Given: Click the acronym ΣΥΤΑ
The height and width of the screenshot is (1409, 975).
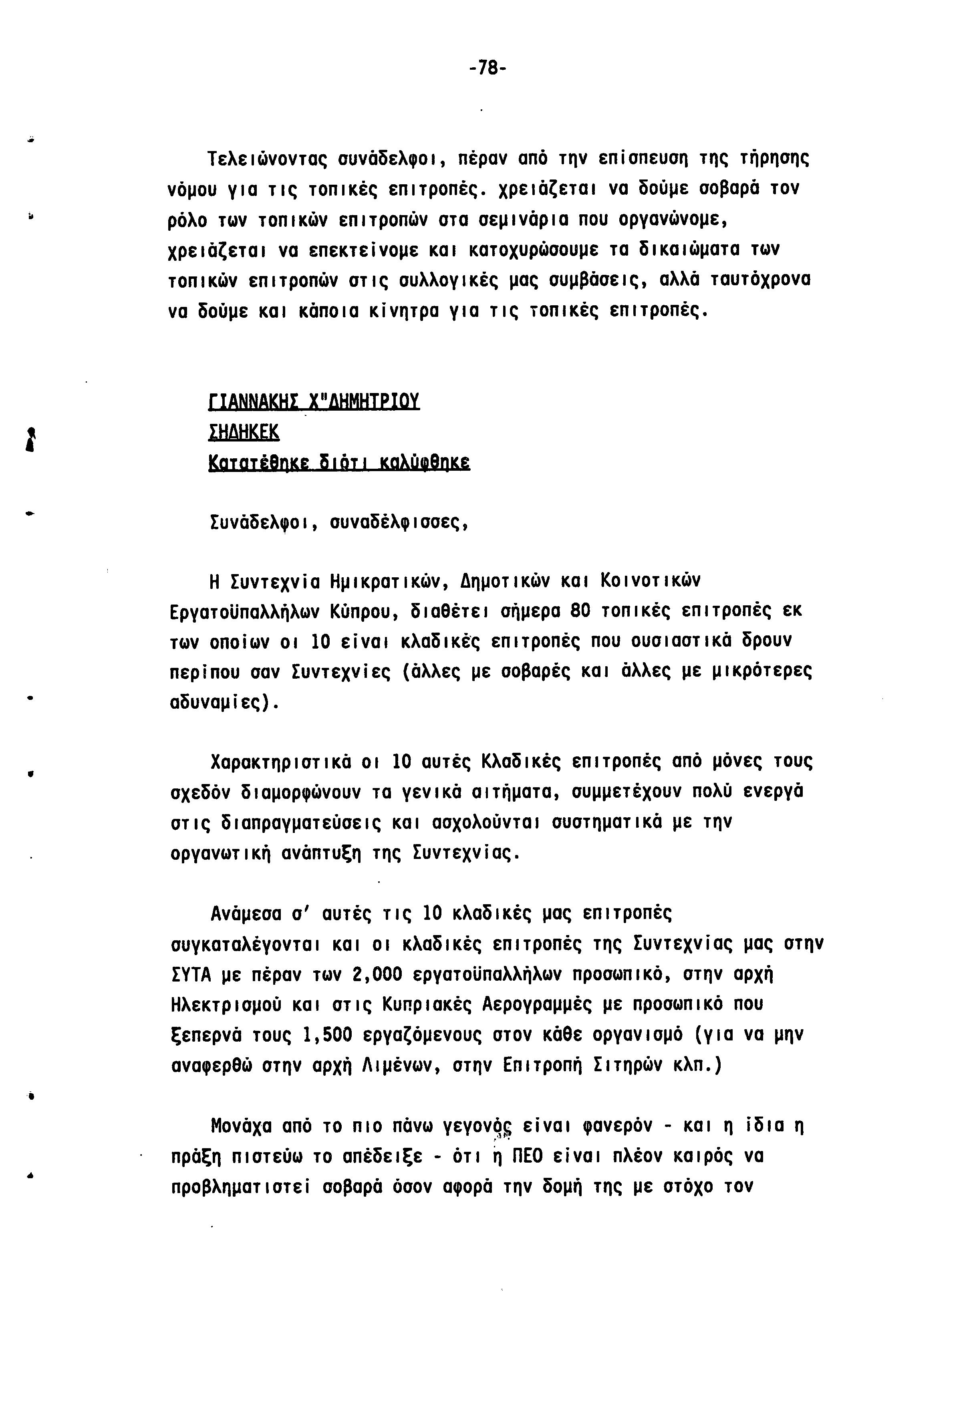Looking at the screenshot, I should pyautogui.click(x=191, y=975).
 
